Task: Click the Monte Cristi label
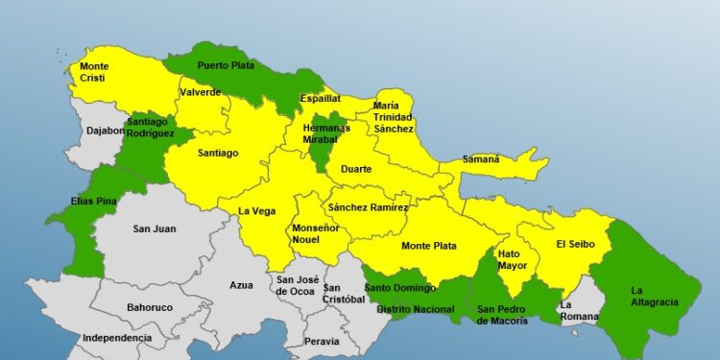tap(94, 72)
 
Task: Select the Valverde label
tap(200, 92)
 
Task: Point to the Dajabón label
tap(106, 131)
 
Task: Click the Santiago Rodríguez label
tap(149, 128)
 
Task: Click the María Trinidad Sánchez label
tap(394, 116)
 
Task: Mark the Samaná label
tap(481, 159)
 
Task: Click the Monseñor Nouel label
tap(315, 234)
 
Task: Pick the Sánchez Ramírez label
tap(368, 207)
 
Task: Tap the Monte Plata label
tap(429, 246)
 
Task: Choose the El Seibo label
tap(576, 244)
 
